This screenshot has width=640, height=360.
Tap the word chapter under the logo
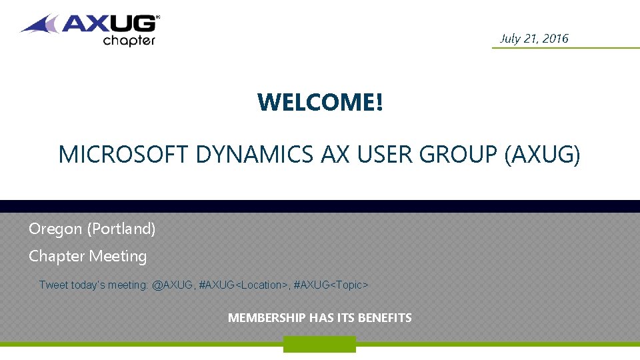pyautogui.click(x=129, y=40)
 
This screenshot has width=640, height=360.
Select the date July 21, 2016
pyautogui.click(x=534, y=38)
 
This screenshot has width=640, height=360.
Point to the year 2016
pyautogui.click(x=555, y=38)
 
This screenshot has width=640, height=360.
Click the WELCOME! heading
pyautogui.click(x=320, y=103)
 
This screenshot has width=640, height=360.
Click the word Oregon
pyautogui.click(x=55, y=229)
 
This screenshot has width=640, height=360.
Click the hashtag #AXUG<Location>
pyautogui.click(x=243, y=285)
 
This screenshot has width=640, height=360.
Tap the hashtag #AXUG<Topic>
pyautogui.click(x=331, y=285)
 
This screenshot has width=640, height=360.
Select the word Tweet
pyautogui.click(x=53, y=285)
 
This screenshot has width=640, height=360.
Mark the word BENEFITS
pyautogui.click(x=385, y=318)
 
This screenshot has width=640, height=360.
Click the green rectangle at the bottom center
pyautogui.click(x=319, y=344)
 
